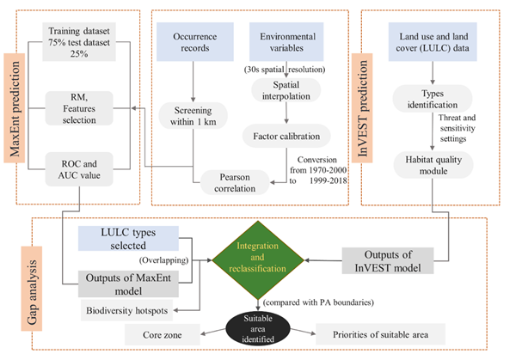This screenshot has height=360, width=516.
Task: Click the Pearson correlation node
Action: (x=236, y=177)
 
